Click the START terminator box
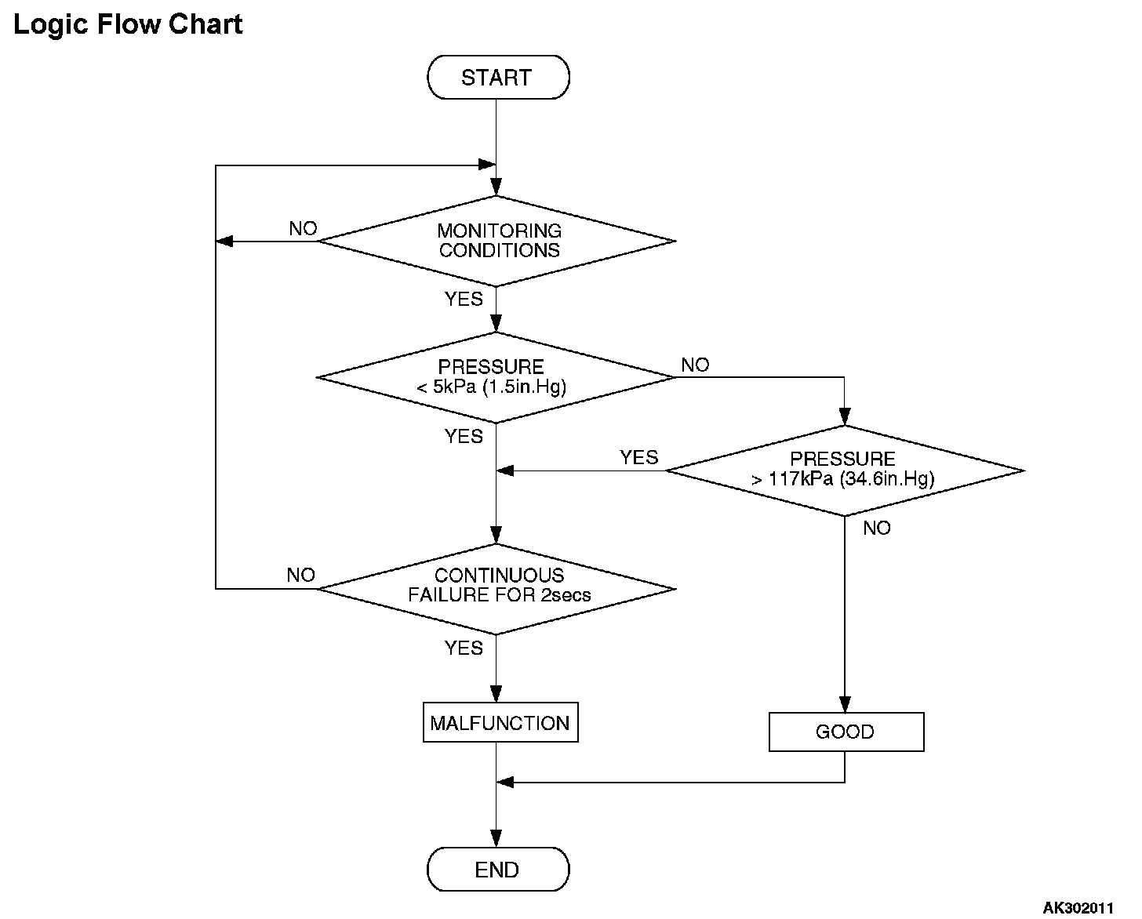[498, 77]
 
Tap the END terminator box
[498, 870]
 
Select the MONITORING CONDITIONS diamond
[496, 242]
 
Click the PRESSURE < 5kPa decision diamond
[496, 378]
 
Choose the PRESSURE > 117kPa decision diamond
[845, 470]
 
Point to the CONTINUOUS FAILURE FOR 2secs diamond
[496, 589]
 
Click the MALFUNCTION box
[500, 722]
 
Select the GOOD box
[846, 732]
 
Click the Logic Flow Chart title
[128, 25]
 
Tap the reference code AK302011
[1078, 908]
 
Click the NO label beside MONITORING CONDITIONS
[303, 229]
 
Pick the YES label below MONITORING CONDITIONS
[464, 300]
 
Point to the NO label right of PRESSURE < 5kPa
[695, 365]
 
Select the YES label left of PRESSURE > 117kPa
[639, 457]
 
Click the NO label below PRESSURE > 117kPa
[877, 528]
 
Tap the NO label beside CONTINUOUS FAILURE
[301, 575]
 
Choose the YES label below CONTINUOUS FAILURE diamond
[464, 648]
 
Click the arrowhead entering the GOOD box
[845, 704]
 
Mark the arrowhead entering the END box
[496, 839]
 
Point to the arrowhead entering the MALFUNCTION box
[496, 694]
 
